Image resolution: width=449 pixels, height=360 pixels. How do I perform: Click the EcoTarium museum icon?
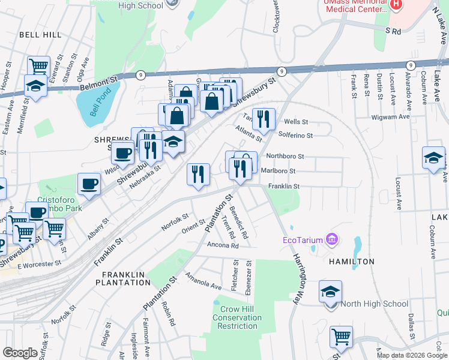(332, 241)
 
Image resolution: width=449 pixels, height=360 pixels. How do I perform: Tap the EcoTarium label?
(303, 241)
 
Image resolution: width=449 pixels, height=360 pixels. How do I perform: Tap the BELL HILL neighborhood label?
(40, 35)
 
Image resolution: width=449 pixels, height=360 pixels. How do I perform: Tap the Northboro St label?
(285, 156)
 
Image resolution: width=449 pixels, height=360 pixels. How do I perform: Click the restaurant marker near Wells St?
(264, 119)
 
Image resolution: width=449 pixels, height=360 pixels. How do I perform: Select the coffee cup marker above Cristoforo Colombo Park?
(89, 184)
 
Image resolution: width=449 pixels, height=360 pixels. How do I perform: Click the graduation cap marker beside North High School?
(330, 292)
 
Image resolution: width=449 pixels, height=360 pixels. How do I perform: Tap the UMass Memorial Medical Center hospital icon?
(396, 5)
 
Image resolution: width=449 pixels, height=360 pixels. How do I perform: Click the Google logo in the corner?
(20, 353)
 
